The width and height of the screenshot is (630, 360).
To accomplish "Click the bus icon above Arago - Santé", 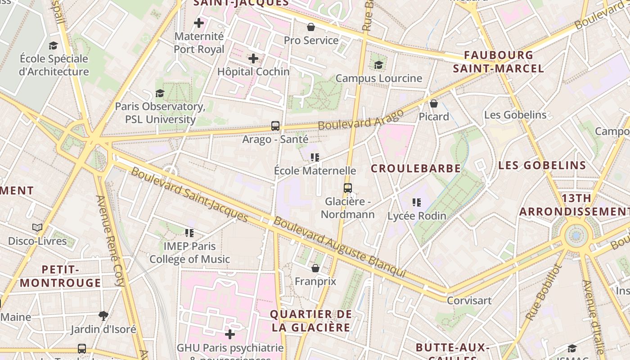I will [x=275, y=126].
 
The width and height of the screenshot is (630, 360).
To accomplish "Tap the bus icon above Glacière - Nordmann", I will [x=347, y=188].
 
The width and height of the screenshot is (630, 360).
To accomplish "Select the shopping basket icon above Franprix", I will [x=315, y=268].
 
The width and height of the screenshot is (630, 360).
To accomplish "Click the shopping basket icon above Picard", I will [x=434, y=103].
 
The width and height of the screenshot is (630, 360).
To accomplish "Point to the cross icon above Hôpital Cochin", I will [x=253, y=58].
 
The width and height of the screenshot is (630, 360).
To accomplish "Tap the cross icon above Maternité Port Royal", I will [x=198, y=22].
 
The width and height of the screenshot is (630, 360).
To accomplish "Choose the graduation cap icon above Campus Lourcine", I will [x=378, y=65].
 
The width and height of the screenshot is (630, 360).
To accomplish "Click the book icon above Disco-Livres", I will [x=37, y=228].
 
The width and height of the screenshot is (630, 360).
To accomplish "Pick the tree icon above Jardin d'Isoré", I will [x=103, y=315].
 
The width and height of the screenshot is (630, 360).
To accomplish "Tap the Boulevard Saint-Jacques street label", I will [x=189, y=194].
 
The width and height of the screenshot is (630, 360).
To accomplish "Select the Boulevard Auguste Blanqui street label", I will [x=340, y=247].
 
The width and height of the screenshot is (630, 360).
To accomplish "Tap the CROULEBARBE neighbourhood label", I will [x=416, y=169].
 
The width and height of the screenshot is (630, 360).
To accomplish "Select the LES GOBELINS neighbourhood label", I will [x=542, y=165].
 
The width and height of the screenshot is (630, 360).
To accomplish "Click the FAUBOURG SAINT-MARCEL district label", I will [x=499, y=62].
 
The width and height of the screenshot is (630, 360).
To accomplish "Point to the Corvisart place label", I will [x=469, y=300].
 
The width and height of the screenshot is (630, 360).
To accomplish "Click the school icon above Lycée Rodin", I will [x=417, y=202].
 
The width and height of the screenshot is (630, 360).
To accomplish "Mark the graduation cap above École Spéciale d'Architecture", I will [x=54, y=45].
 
